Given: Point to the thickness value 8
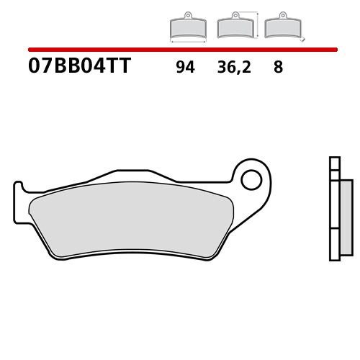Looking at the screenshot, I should (x=278, y=68).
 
